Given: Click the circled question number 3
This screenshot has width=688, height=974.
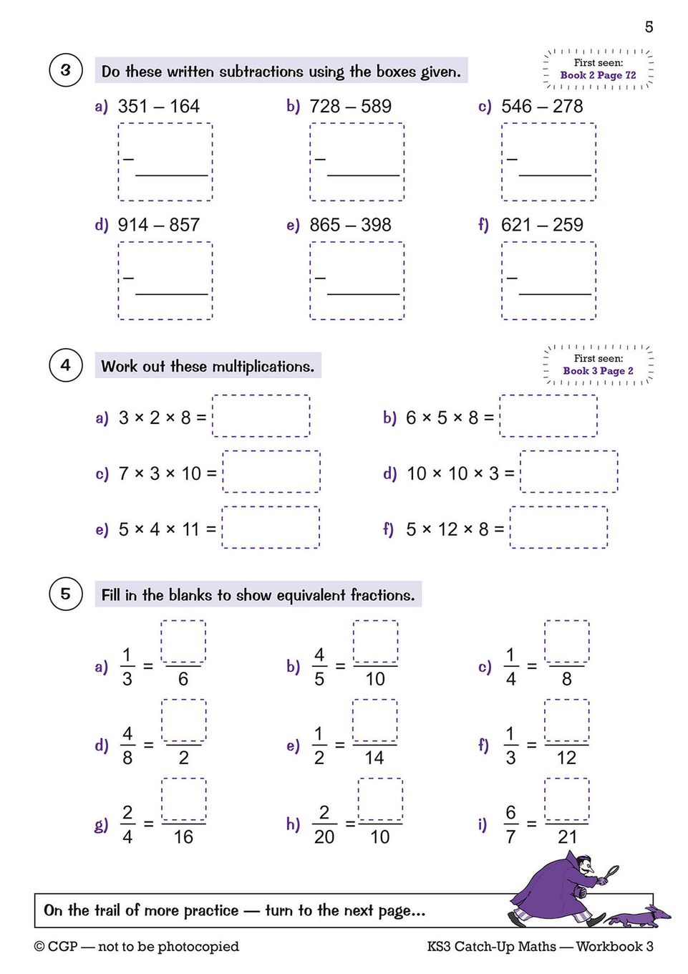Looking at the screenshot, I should [x=66, y=70].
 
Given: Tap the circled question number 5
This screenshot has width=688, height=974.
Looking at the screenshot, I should [x=66, y=594].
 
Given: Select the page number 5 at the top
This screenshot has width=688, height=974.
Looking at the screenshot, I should [x=649, y=27].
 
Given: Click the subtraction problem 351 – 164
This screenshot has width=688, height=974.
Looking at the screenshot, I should [x=158, y=107].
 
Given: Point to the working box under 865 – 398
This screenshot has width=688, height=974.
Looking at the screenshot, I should [x=357, y=280].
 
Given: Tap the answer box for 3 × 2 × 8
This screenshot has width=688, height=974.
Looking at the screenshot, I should [x=261, y=416].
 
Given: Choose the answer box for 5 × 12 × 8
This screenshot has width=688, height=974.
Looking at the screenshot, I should [x=559, y=528].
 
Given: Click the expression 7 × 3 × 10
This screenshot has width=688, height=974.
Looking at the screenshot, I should [x=167, y=473].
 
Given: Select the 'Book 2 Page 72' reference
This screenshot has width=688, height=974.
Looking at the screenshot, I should [x=598, y=75].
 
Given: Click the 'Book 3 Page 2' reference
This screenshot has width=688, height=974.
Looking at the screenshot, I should [x=598, y=371].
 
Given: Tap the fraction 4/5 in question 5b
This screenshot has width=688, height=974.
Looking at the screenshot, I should [x=319, y=666].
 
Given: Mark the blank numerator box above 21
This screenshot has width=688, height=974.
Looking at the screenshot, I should [x=567, y=799].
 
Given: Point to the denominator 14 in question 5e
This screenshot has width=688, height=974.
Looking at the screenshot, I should [x=374, y=758].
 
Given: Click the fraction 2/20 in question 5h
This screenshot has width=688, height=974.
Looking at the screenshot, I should [x=324, y=824].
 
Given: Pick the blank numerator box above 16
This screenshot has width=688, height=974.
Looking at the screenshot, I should [x=183, y=799].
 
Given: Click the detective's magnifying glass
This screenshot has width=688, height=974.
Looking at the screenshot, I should [x=613, y=872].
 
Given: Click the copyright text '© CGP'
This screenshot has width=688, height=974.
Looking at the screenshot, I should [x=56, y=947].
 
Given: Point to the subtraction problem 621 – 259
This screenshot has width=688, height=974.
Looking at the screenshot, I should [x=542, y=226].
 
